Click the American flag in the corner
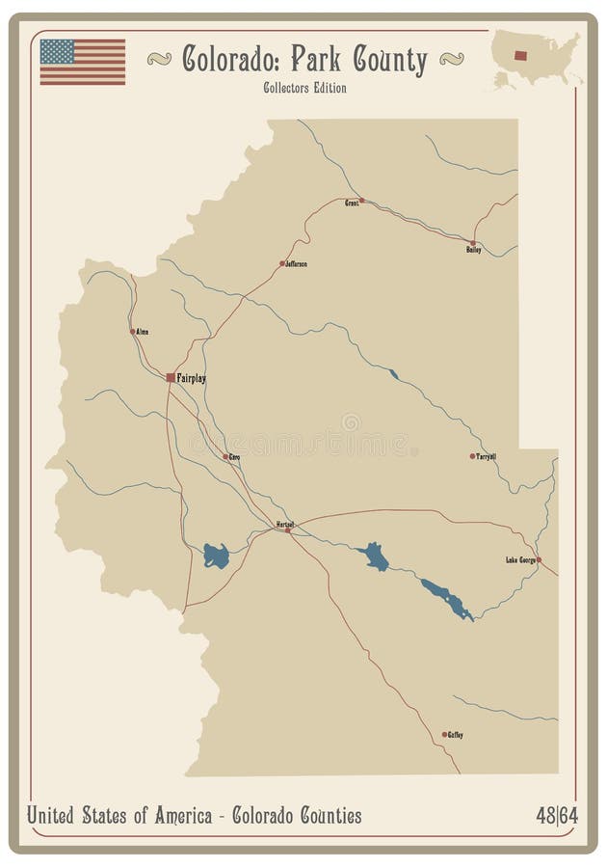pos(82,62)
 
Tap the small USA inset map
pos(536,59)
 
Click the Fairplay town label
pos(192,378)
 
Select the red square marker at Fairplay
pos(171,377)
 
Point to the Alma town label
pos(143,332)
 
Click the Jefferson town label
pos(296,263)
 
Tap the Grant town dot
pos(361,201)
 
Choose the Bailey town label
pos(473,251)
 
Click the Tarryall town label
pos(487,456)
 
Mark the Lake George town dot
pos(539,559)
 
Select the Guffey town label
pos(455,735)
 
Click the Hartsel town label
pos(284,524)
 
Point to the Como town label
pos(233,456)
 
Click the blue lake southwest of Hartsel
pos(216,556)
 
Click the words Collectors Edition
pos(303,88)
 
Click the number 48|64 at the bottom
pos(557,816)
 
